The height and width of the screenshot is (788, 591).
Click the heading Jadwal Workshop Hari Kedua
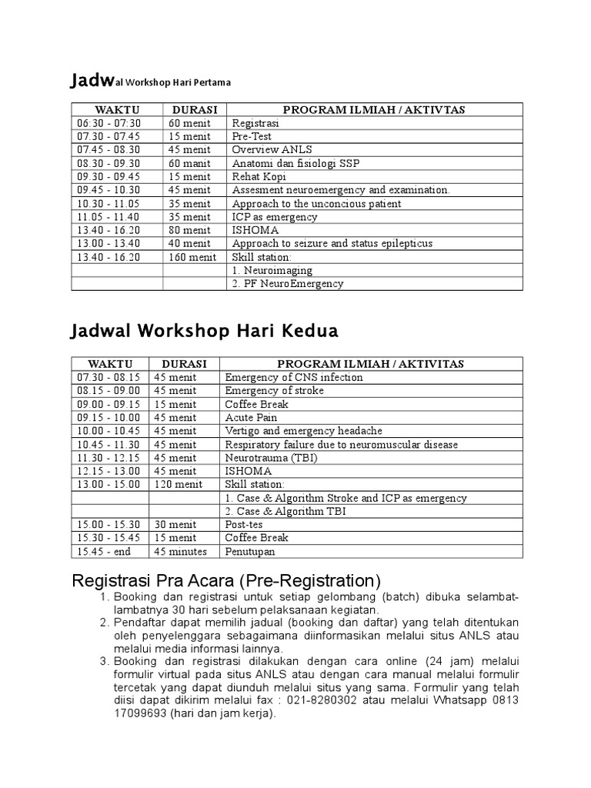(203, 332)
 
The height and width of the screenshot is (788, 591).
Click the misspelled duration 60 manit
(189, 163)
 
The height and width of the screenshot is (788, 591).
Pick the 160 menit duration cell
(192, 257)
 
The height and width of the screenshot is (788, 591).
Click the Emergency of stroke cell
(274, 391)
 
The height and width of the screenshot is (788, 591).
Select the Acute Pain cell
(249, 417)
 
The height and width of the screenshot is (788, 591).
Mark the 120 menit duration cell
(179, 484)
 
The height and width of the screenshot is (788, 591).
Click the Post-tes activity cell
(244, 524)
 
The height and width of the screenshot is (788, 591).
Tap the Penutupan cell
(249, 551)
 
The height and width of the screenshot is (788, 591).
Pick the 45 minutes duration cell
(180, 551)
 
